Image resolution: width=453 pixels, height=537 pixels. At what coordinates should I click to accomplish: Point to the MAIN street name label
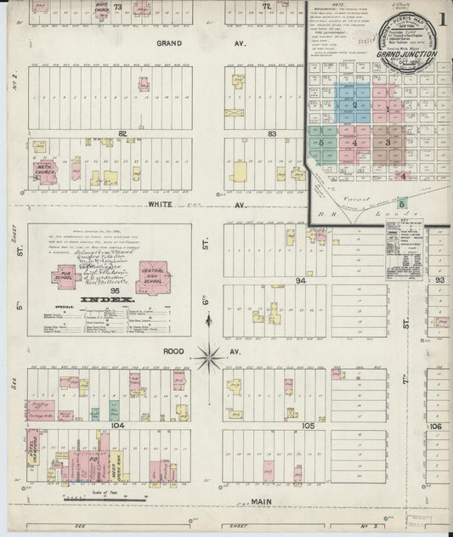click(263, 503)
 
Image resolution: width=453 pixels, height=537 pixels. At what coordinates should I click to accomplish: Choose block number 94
click(299, 280)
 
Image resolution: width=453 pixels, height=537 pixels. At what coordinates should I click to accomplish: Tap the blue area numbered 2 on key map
click(355, 105)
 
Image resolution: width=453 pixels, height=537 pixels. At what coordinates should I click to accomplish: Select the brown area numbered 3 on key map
click(388, 142)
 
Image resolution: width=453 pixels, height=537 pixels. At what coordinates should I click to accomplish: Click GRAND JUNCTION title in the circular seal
click(409, 54)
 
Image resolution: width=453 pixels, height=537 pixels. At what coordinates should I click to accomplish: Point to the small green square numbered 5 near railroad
click(402, 203)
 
